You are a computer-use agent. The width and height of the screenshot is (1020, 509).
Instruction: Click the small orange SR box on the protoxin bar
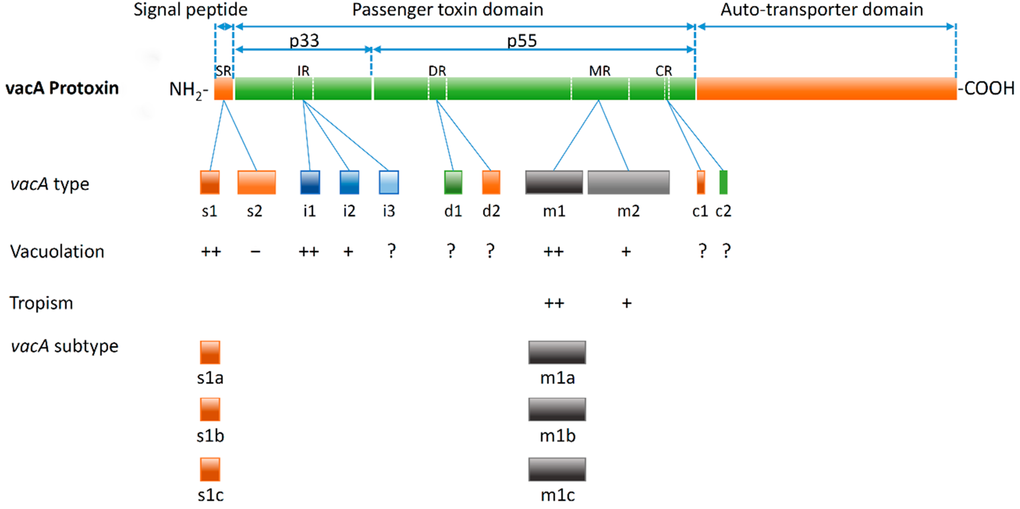click(223, 89)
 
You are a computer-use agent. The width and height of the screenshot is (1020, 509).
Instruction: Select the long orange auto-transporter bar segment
click(827, 89)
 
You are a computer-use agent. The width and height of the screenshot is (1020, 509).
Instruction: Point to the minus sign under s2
click(255, 252)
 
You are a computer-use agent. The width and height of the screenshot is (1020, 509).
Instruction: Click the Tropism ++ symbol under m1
click(554, 303)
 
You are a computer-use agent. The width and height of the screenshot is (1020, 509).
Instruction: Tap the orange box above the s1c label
click(210, 469)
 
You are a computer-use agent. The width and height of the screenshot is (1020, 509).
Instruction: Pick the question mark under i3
click(391, 251)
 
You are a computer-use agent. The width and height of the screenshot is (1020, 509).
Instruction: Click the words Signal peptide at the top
click(191, 10)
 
